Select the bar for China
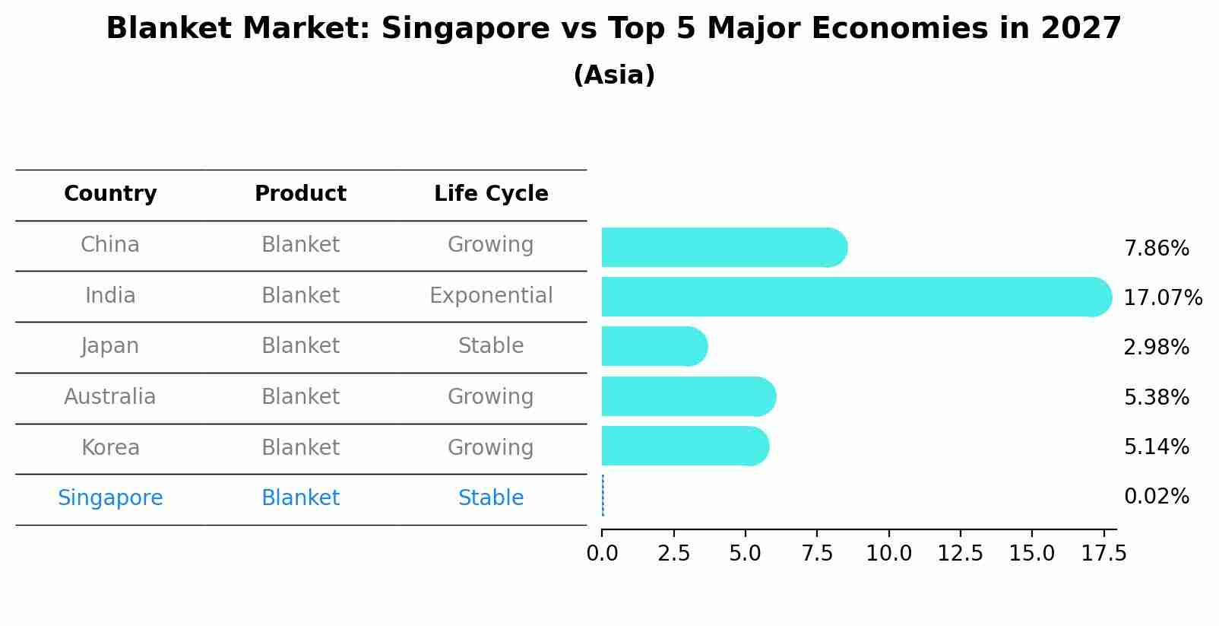click(x=722, y=247)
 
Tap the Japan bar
click(x=654, y=346)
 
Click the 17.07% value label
click(x=1163, y=297)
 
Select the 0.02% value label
click(x=1156, y=497)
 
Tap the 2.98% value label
click(x=1156, y=348)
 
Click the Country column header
click(x=110, y=194)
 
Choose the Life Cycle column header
click(x=491, y=194)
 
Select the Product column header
click(x=300, y=194)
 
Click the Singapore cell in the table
click(x=110, y=498)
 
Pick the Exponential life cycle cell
click(x=491, y=296)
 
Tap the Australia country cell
click(x=110, y=397)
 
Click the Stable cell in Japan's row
click(x=491, y=346)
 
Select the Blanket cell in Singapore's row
click(x=300, y=498)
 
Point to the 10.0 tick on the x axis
click(x=888, y=553)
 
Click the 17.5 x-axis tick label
click(x=1103, y=553)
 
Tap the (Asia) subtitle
click(x=614, y=75)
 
